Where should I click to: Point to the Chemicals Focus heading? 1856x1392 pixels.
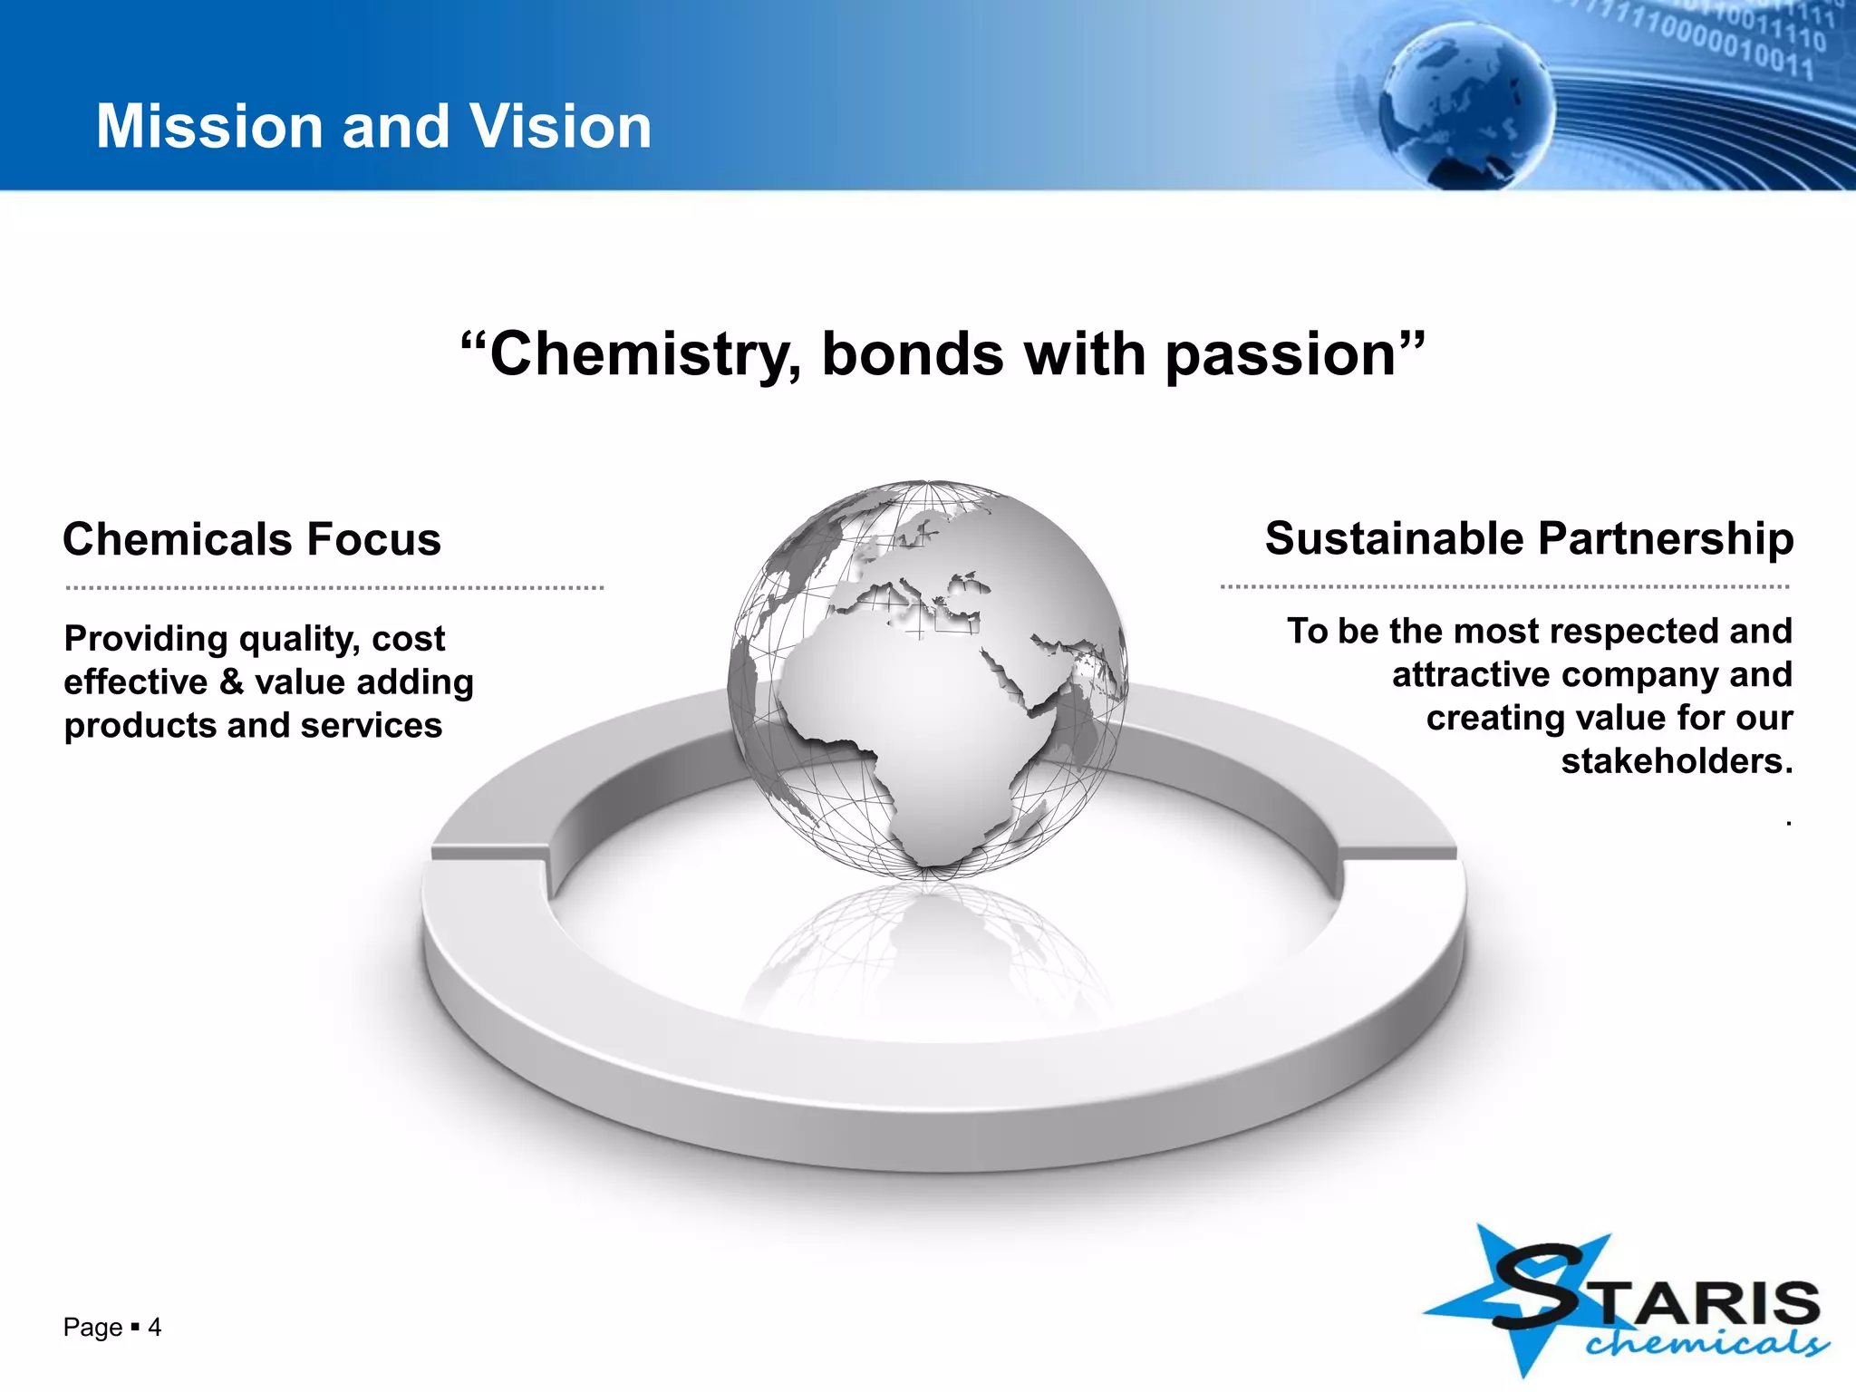pyautogui.click(x=252, y=539)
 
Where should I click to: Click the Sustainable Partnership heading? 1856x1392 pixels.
pyautogui.click(x=1529, y=538)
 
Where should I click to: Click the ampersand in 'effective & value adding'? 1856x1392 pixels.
pyautogui.click(x=231, y=681)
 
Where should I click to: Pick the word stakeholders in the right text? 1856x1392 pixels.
pyautogui.click(x=1677, y=761)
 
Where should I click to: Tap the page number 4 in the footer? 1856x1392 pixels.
pyautogui.click(x=155, y=1328)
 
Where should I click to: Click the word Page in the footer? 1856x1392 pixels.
pyautogui.click(x=92, y=1328)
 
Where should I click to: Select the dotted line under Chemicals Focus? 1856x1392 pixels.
pyautogui.click(x=334, y=588)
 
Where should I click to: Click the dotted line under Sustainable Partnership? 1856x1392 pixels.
pyautogui.click(x=1504, y=587)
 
